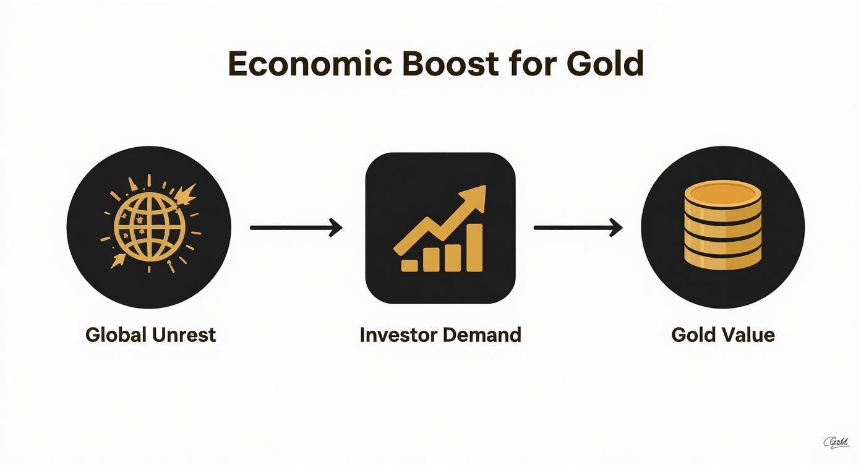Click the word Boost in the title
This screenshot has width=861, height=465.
450,64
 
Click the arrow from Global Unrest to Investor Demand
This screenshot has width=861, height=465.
296,228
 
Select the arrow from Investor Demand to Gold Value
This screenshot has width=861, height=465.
578,228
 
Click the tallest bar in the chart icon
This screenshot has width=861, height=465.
474,247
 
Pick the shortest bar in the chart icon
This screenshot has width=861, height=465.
409,265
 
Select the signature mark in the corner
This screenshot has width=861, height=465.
836,442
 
